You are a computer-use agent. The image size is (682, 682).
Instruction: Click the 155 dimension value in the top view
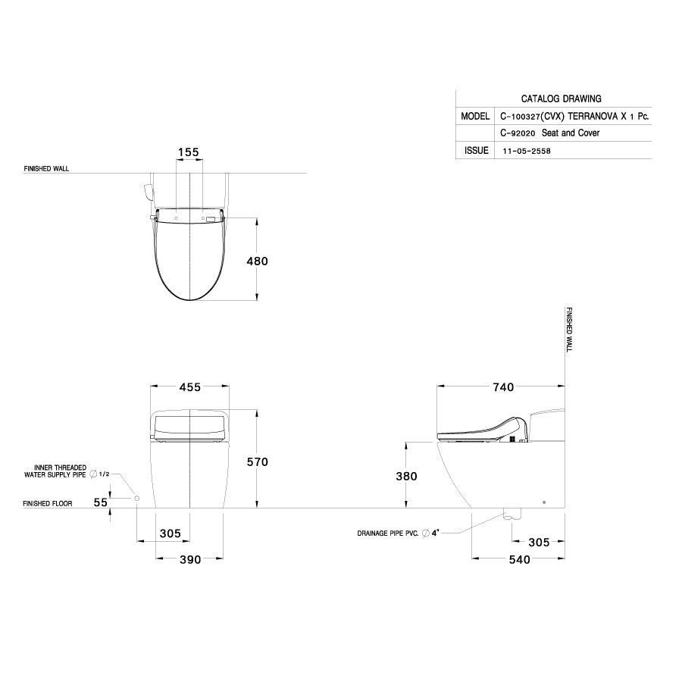(189, 152)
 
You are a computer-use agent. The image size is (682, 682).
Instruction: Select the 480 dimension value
(257, 261)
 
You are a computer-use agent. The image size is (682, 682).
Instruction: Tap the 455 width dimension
(190, 386)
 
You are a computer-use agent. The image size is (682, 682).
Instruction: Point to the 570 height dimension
(258, 461)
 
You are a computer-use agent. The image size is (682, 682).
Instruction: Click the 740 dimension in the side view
(503, 386)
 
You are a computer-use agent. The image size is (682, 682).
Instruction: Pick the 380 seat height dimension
(406, 476)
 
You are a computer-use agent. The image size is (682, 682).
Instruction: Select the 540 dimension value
(519, 559)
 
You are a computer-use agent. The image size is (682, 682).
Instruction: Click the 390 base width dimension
(190, 559)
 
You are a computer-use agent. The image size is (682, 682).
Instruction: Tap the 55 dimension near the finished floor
(101, 502)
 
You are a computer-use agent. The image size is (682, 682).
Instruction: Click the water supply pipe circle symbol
(136, 498)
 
